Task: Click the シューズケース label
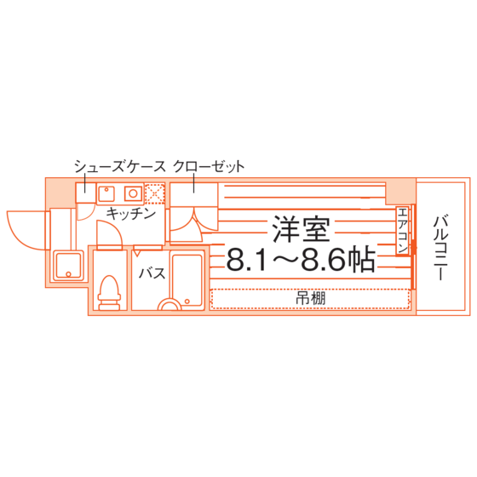pos(120,166)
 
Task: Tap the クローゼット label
pos(209,166)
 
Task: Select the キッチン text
pos(131,214)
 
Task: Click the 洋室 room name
pos(301,229)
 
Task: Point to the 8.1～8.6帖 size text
pos(301,259)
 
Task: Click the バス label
pos(152,273)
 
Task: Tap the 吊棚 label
pos(311,298)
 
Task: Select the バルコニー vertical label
pos(440,247)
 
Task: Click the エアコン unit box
pos(402,231)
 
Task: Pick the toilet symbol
pos(109,293)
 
